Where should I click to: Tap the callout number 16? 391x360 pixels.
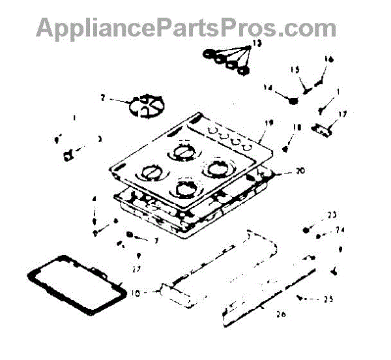coord(329,59)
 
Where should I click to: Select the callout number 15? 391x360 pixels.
coord(295,70)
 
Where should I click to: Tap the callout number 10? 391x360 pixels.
coord(134,293)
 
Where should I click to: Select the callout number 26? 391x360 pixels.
coord(281,314)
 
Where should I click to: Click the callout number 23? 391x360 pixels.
coord(332,215)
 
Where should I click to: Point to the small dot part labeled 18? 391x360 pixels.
coord(285,149)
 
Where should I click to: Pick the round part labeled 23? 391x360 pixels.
coord(306,229)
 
